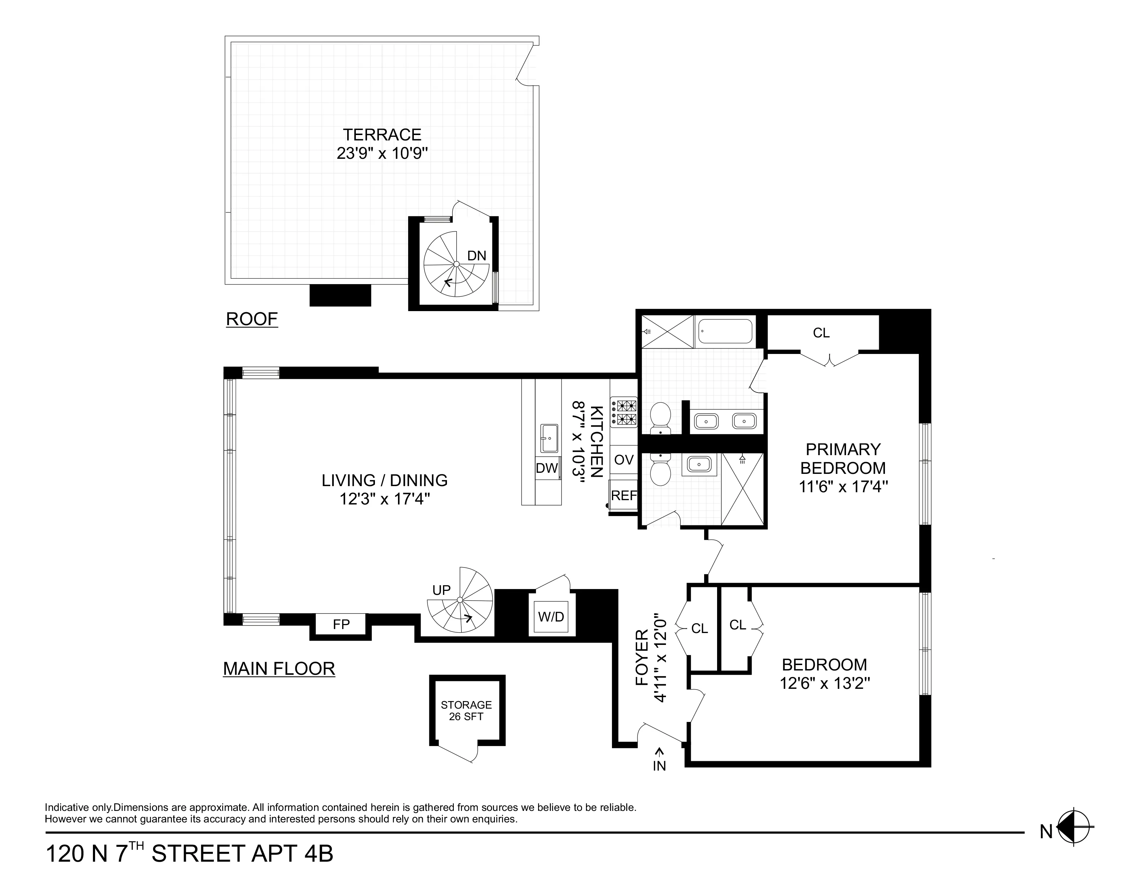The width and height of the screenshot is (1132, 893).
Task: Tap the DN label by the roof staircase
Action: [x=476, y=256]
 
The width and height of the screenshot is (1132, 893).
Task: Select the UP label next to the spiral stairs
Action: [x=441, y=590]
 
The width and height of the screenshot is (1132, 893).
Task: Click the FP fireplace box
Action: [x=341, y=624]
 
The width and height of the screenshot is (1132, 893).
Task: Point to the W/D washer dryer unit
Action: [x=551, y=617]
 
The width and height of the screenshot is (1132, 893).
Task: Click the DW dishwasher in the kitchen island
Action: [x=547, y=468]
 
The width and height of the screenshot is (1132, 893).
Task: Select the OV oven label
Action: [x=624, y=460]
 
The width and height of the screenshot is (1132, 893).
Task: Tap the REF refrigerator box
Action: [x=624, y=495]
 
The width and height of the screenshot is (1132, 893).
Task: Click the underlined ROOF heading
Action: [x=251, y=319]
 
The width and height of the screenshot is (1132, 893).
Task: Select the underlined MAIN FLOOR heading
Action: [x=279, y=669]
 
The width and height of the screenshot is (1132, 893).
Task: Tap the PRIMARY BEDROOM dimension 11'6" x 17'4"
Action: [x=843, y=487]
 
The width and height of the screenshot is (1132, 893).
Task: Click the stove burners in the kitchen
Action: [x=626, y=412]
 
